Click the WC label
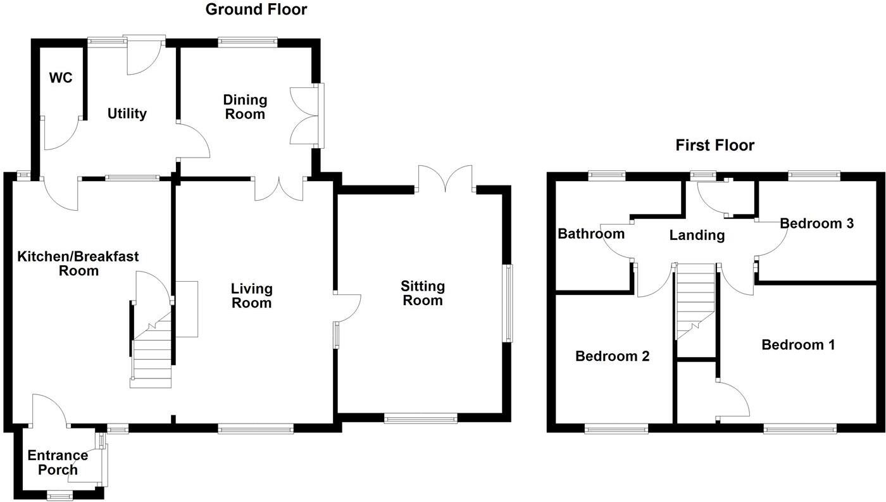(x=61, y=78)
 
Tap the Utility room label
(x=127, y=114)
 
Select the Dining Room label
(x=245, y=107)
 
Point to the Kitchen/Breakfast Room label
(x=78, y=263)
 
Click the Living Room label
(x=251, y=296)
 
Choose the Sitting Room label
(x=423, y=293)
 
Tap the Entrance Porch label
(x=58, y=463)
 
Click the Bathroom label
(x=590, y=234)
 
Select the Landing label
(x=697, y=235)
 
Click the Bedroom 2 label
(x=612, y=356)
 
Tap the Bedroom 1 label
(x=798, y=345)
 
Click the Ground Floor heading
(x=256, y=9)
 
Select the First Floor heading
(x=714, y=146)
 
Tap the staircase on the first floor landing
(x=696, y=301)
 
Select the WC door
(x=61, y=134)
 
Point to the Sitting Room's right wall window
(x=508, y=303)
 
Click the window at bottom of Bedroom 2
(x=616, y=429)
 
